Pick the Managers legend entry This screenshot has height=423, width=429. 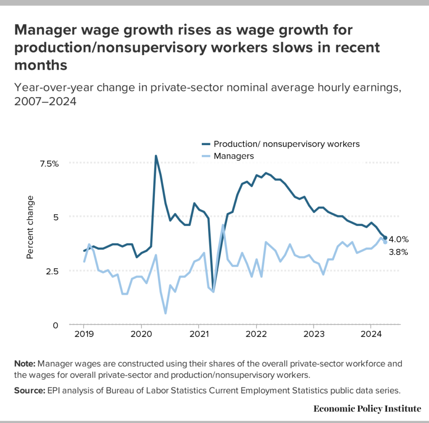233,156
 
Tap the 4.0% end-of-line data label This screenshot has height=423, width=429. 399,240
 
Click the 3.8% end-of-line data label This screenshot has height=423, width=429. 399,253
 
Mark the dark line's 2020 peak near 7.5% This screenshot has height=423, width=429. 156,156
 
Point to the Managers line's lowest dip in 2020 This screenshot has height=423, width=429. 165,313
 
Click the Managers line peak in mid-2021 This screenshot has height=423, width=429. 223,225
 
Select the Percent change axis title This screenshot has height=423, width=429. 30,227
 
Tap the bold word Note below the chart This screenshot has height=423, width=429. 26,364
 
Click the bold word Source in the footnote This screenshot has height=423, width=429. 30,390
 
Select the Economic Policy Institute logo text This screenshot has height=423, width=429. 367,409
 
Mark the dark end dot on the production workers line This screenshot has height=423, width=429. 385,238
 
